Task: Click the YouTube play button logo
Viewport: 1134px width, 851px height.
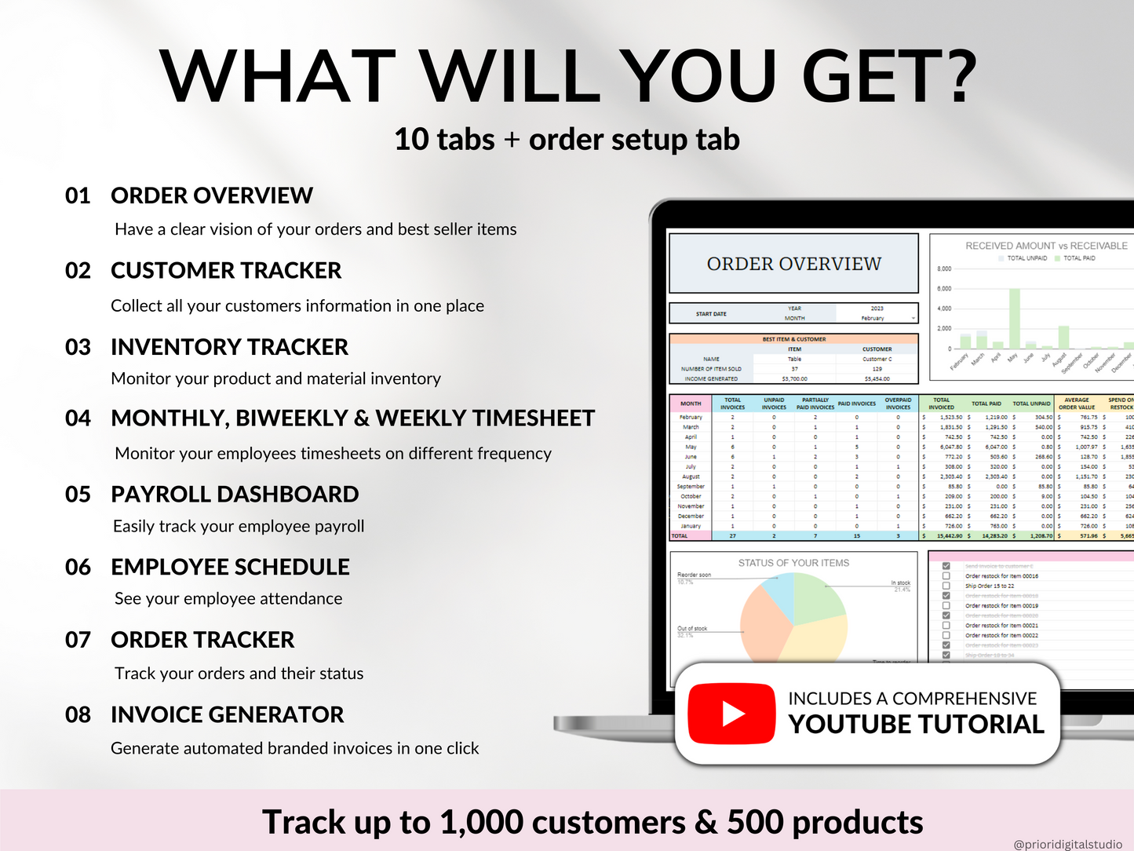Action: coord(731,714)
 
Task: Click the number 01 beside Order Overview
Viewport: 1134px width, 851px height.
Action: coord(78,195)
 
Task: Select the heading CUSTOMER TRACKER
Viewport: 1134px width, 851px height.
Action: coord(226,271)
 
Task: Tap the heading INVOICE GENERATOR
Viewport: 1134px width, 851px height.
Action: coord(227,715)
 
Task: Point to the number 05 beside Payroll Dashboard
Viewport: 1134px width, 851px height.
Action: coord(78,495)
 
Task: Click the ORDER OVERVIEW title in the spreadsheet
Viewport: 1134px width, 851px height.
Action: coord(793,264)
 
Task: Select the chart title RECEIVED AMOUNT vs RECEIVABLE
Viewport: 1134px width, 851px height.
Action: coord(1045,246)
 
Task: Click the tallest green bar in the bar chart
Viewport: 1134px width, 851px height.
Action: coord(1014,319)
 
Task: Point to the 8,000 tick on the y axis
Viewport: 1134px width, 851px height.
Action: coord(943,269)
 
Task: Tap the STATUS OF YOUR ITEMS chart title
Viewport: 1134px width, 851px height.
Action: coord(793,563)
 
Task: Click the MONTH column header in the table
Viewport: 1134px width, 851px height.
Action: coord(691,404)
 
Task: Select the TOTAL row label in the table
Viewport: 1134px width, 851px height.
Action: coord(680,536)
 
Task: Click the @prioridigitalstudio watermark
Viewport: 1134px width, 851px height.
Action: coord(1067,844)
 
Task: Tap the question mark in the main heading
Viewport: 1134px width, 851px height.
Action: coord(953,76)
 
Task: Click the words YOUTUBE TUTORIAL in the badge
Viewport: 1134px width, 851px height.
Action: coord(916,725)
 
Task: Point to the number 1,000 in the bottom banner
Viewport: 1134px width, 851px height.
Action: coord(481,822)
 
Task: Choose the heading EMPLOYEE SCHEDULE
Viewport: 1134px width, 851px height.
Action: coord(230,568)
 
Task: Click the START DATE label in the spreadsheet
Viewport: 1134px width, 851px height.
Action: coord(711,314)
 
